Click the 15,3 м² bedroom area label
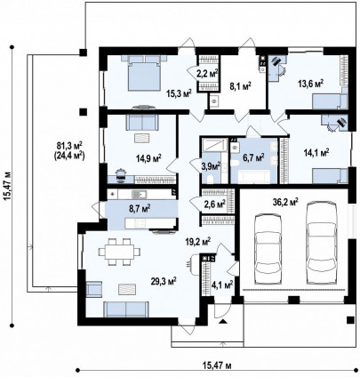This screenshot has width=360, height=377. [179, 93]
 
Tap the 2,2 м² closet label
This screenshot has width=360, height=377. [207, 73]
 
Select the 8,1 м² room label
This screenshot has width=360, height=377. [240, 86]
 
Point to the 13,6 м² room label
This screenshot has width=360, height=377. [310, 84]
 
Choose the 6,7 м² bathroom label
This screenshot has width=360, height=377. [253, 157]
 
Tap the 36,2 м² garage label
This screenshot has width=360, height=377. [285, 202]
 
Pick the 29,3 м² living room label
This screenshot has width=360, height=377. [164, 280]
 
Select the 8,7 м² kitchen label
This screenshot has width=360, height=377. [140, 208]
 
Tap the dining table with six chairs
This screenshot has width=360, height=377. [120, 252]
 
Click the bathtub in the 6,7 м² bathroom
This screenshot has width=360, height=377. [254, 176]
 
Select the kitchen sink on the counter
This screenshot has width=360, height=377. [139, 195]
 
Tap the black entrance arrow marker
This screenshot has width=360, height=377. [223, 321]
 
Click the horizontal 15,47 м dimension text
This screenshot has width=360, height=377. [218, 365]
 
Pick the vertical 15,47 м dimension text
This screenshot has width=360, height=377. [8, 186]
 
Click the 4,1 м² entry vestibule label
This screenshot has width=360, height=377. [221, 285]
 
